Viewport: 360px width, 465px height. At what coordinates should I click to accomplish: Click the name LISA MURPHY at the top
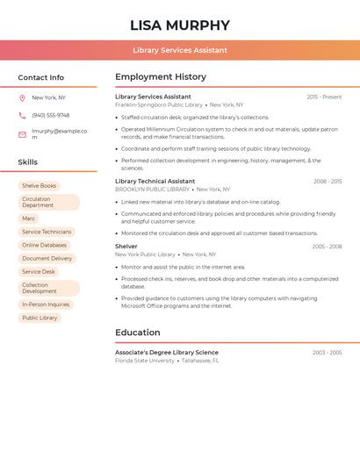[x=180, y=25]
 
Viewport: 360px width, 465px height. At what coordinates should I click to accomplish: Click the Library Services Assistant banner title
[x=180, y=50]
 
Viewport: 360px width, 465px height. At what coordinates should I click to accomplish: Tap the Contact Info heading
[x=41, y=77]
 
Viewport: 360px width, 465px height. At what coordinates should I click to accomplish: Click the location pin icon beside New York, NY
[x=22, y=98]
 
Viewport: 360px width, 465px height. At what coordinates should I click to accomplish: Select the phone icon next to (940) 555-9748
[x=22, y=116]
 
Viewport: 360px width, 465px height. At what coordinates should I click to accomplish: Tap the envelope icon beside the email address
[x=22, y=134]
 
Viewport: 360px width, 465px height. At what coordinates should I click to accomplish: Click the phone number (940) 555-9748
[x=51, y=116]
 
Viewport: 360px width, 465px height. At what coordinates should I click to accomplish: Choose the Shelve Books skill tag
[x=39, y=186]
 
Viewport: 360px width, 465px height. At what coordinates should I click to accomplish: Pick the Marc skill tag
[x=29, y=218]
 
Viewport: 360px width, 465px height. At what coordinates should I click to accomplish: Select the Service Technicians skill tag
[x=47, y=232]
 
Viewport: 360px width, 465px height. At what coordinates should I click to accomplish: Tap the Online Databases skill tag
[x=44, y=245]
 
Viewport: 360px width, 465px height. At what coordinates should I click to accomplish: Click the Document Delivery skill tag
[x=47, y=259]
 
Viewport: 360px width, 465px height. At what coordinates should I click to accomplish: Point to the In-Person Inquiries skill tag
[x=46, y=304]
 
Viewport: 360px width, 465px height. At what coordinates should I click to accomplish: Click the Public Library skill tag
[x=40, y=318]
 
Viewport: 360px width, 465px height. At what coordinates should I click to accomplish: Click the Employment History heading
[x=161, y=77]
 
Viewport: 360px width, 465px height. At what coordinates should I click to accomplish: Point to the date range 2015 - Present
[x=324, y=97]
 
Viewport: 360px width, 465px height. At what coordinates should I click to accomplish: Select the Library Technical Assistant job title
[x=155, y=182]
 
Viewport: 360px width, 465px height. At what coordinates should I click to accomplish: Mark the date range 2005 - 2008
[x=327, y=247]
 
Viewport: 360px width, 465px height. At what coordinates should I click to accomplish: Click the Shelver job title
[x=126, y=247]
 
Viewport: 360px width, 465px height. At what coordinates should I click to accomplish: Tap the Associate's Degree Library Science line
[x=167, y=352]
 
